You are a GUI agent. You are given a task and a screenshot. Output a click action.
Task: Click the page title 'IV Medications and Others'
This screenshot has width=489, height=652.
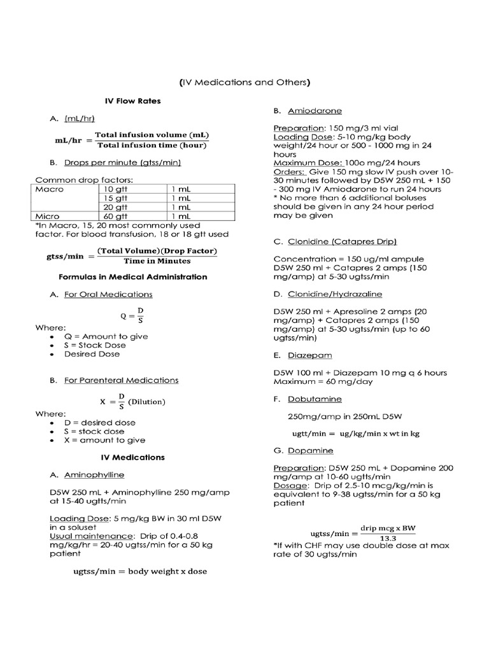click(x=244, y=82)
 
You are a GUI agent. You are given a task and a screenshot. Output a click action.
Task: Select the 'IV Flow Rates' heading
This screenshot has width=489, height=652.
click(x=132, y=101)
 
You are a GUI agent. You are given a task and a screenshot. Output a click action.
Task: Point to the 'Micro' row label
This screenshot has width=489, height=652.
click(x=48, y=216)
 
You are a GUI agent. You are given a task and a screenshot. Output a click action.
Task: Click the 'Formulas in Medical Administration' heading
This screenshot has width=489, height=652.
click(x=132, y=277)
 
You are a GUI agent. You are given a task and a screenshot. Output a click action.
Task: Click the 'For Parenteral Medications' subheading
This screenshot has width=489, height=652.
click(x=121, y=380)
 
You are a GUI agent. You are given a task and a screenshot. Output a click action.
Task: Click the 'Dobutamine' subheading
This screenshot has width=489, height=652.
click(x=315, y=399)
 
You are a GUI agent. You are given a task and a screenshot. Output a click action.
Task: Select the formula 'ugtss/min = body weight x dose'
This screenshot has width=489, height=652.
click(x=140, y=571)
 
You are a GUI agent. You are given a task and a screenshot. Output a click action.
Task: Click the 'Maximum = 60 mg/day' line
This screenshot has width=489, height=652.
click(x=323, y=381)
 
